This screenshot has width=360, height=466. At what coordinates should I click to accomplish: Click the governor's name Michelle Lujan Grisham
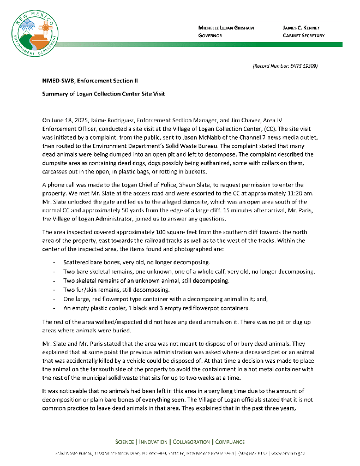click(x=226, y=27)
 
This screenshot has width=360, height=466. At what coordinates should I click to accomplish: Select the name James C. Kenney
click(x=301, y=27)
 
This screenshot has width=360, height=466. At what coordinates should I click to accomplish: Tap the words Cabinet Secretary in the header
click(x=303, y=35)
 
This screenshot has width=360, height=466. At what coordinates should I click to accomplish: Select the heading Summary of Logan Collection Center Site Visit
click(x=104, y=94)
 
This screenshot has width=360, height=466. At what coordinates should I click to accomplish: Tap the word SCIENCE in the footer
click(x=125, y=441)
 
